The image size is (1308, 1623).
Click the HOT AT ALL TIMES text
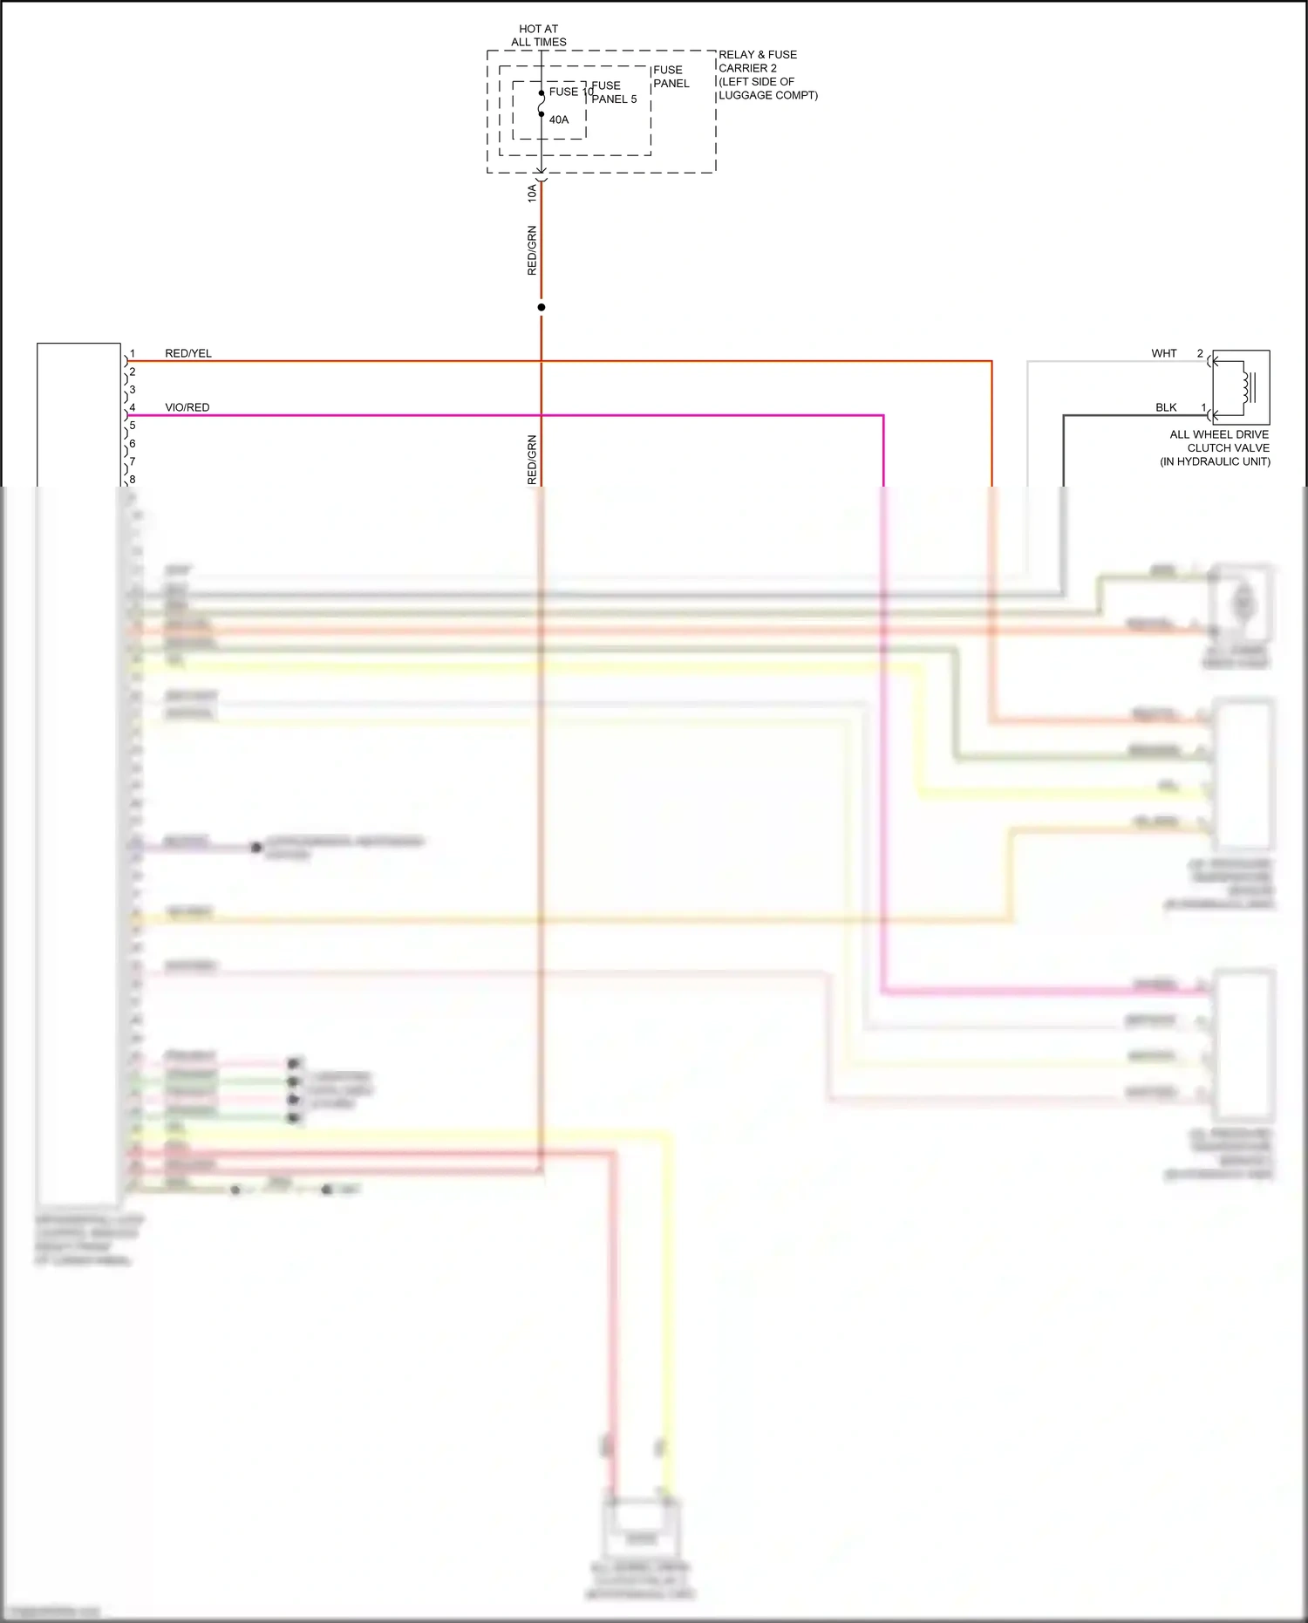538,36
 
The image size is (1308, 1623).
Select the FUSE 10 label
570,92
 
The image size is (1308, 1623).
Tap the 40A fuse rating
559,119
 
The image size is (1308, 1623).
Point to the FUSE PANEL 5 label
614,92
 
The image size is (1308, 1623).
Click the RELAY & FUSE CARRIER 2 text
757,61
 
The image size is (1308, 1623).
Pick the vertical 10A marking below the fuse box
532,193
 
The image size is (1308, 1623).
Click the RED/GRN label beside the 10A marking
532,250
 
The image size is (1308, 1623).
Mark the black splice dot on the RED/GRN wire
542,307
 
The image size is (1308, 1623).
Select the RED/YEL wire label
188,353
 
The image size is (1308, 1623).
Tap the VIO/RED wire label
187,407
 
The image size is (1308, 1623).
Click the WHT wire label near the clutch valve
1164,353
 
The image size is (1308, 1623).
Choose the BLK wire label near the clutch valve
1166,407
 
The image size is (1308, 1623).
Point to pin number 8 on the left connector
133,480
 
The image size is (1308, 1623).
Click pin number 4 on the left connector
133,407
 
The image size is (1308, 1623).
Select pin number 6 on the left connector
133,444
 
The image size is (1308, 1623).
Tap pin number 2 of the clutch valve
1200,353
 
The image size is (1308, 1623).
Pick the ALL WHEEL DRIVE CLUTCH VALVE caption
1219,440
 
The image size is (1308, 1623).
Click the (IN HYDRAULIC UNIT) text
1215,461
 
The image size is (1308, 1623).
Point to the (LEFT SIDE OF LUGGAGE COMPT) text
767,88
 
